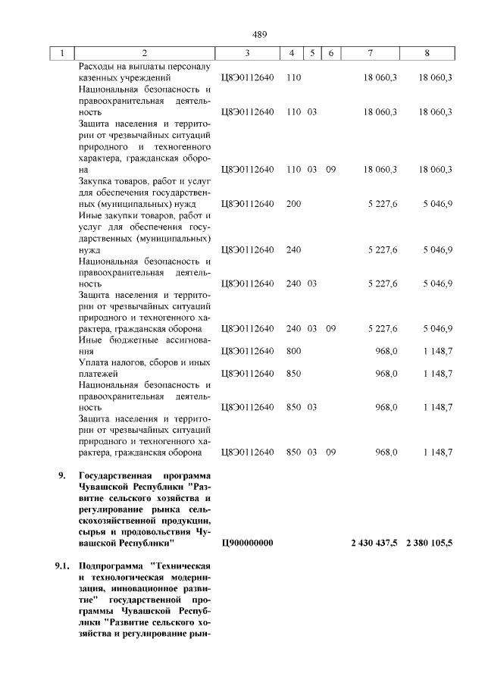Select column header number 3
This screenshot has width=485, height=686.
pos(247,53)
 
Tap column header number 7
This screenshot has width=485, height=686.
pos(370,53)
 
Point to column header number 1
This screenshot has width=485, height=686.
pos(62,53)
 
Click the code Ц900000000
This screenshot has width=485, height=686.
pos(247,543)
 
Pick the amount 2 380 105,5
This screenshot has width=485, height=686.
pos(430,543)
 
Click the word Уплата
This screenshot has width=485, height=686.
pos(94,362)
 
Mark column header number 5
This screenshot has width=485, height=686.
pos(311,53)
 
